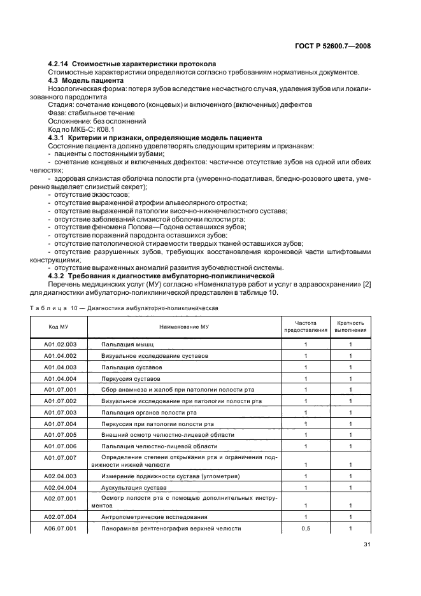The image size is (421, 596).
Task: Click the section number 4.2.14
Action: point(59,64)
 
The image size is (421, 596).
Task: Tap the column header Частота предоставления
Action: point(306,326)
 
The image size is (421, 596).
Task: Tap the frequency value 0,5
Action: point(306,529)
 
